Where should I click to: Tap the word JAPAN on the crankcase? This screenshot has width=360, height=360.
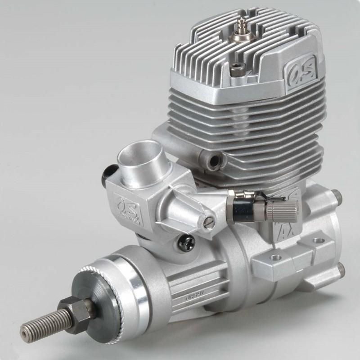(193, 295)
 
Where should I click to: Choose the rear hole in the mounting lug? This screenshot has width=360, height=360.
(319, 241)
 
